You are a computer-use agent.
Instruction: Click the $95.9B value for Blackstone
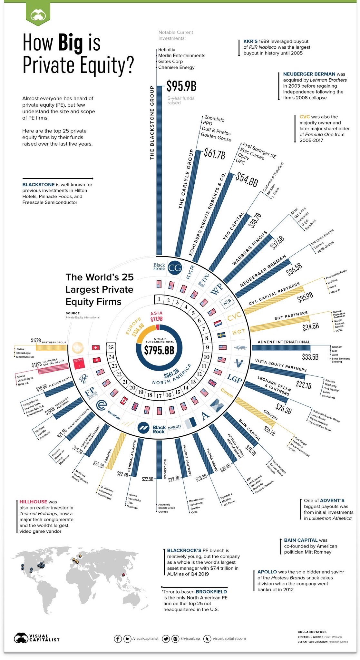[x=181, y=86]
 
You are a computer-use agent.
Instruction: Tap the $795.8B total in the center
[x=159, y=350]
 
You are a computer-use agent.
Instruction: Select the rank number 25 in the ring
[x=111, y=347]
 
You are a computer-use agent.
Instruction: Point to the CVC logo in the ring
[x=234, y=317]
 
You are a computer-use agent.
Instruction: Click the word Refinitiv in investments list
[x=167, y=50]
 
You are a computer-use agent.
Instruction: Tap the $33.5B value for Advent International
[x=310, y=357]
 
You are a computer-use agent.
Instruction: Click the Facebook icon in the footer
[x=118, y=638]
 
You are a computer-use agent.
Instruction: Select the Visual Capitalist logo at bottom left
[x=36, y=638]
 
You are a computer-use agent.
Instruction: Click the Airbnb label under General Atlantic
[x=133, y=495]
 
